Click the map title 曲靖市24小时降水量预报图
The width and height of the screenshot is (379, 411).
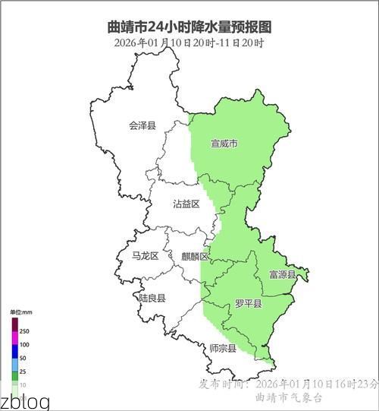[x=189, y=27]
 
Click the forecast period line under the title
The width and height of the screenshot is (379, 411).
[x=189, y=43]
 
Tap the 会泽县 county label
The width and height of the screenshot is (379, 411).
[x=142, y=125]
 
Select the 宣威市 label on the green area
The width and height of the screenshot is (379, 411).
[x=224, y=143]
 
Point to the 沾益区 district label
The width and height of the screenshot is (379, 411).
[x=186, y=204]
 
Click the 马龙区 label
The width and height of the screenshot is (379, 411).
[x=145, y=256]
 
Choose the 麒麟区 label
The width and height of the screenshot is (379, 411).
[x=195, y=256]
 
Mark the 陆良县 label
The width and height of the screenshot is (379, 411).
[x=152, y=299]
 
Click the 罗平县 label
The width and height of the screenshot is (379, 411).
[x=248, y=304]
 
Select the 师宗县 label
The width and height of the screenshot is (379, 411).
[x=223, y=349]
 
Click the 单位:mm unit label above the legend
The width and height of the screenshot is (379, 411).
[x=20, y=312]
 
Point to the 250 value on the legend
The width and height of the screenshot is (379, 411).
[x=24, y=332]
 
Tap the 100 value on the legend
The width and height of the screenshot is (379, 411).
[x=24, y=345]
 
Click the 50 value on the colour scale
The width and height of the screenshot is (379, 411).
[x=23, y=358]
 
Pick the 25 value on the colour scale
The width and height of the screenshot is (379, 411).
[x=23, y=371]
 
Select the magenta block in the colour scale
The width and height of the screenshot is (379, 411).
[x=14, y=337]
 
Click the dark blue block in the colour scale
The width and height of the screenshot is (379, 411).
[x=14, y=351]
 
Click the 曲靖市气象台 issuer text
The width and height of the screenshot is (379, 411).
[x=290, y=397]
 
